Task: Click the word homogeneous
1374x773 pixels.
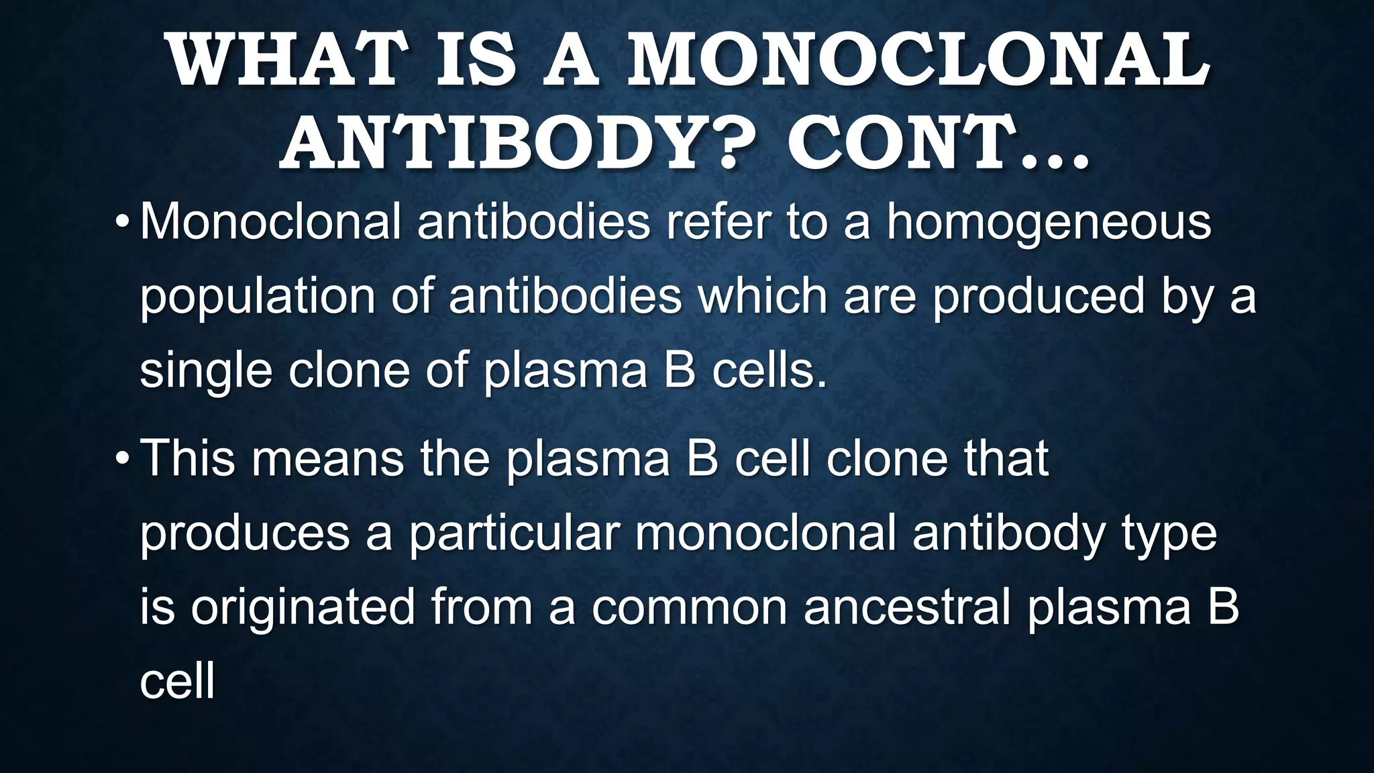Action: pos(1049,223)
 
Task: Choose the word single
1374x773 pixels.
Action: pos(205,371)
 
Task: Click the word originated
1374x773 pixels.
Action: pos(303,607)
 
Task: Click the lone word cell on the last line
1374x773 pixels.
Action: pos(177,681)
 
